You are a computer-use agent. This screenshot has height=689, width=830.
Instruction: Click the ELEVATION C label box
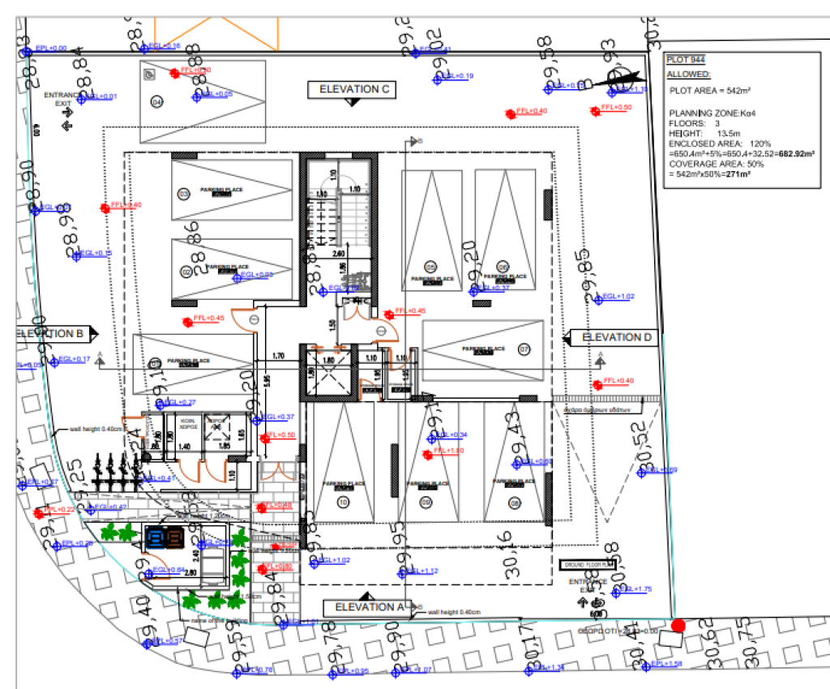[351, 89]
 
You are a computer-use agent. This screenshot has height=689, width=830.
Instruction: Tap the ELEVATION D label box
[615, 337]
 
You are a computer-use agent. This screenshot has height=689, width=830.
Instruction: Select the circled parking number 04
[156, 102]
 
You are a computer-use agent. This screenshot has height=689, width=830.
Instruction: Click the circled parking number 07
[524, 350]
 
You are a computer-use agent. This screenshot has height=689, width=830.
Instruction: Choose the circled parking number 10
[343, 503]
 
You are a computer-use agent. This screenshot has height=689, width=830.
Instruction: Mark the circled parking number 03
[184, 194]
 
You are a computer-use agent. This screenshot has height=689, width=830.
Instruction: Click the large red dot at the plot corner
[678, 625]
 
